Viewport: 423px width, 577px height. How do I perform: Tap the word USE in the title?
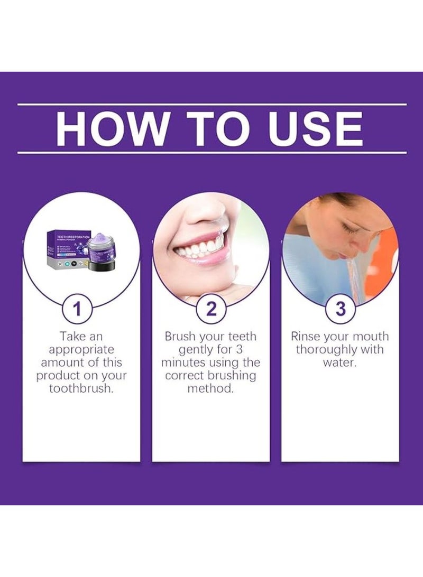(316, 128)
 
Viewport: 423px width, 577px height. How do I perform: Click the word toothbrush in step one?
(81, 388)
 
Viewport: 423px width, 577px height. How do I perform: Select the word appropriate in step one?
(81, 350)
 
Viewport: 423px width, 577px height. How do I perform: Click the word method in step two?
(210, 388)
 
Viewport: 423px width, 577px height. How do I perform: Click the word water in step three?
(338, 362)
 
